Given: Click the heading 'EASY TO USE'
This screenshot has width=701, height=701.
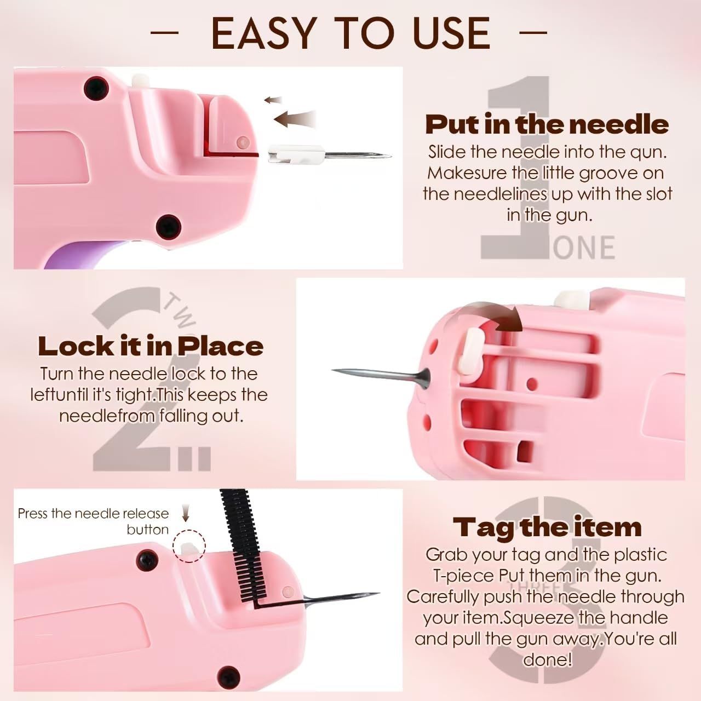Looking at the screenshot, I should click(x=350, y=33).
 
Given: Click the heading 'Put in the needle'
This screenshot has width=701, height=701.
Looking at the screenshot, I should click(x=547, y=124).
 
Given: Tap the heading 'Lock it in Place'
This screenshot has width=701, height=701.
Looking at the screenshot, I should click(x=151, y=346).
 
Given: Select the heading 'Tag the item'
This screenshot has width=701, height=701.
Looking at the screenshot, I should click(x=547, y=527).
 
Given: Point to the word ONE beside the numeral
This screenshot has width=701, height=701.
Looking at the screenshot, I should click(x=584, y=248).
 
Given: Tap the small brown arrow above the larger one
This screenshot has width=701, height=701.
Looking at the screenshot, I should click(x=273, y=100).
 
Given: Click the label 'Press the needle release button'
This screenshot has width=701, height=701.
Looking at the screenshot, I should click(x=93, y=521).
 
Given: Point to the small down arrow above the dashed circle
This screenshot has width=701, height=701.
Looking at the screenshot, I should click(x=186, y=513).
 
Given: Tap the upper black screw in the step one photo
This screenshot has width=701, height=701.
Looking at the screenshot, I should click(x=96, y=87).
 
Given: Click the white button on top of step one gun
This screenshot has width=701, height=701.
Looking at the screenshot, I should click(x=141, y=80).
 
